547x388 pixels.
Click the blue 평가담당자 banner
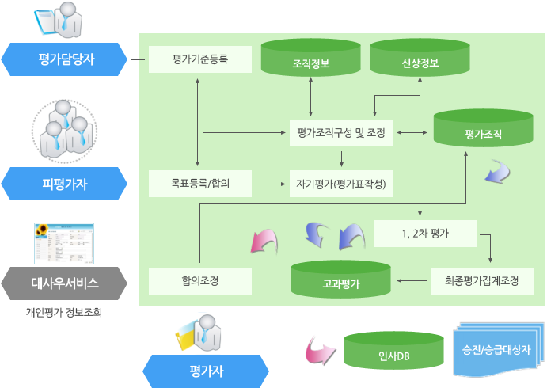point(65,59)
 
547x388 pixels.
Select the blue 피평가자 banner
point(65,184)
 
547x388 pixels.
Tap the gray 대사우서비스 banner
point(65,282)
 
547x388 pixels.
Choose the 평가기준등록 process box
point(199,59)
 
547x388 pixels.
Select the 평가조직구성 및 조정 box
point(340,132)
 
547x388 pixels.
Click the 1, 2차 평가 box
point(424,234)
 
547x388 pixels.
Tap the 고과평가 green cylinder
point(341,280)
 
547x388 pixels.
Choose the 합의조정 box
point(199,280)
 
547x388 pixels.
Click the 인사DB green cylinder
point(393,351)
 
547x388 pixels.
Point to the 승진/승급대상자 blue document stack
point(496,348)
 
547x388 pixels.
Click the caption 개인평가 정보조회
point(65,312)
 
